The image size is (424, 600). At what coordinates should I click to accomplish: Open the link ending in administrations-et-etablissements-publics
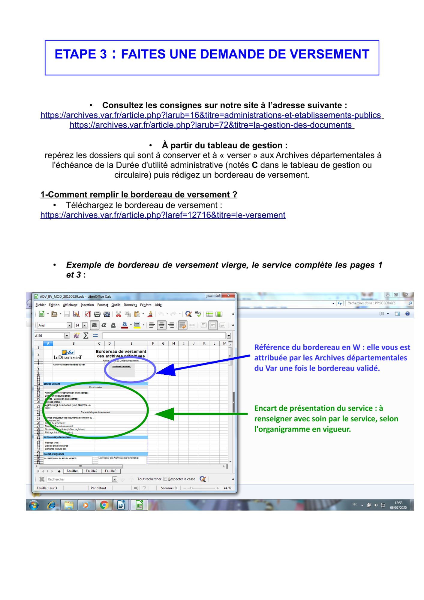tap(212, 115)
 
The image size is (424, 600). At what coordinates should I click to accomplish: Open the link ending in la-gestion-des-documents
tap(212, 125)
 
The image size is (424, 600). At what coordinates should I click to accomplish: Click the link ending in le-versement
tap(163, 215)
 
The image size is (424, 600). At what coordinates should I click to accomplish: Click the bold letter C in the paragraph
tap(254, 165)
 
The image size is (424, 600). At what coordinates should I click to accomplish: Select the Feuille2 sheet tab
tap(92, 471)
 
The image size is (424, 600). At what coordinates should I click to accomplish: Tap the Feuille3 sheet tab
tap(110, 471)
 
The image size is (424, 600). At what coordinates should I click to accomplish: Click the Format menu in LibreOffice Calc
tap(103, 305)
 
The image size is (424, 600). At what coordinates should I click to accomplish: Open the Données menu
tap(130, 305)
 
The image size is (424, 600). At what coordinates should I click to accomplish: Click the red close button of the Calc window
tap(229, 295)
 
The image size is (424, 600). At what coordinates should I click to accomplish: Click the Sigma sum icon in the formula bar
tap(86, 336)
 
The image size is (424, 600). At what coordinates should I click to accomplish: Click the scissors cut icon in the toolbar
tap(119, 314)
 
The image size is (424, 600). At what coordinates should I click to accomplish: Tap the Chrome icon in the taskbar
tap(104, 505)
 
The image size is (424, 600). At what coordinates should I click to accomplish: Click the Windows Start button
tap(33, 505)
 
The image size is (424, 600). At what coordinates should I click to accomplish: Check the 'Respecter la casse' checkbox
tap(165, 479)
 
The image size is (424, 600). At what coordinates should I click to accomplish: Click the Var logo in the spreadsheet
tap(68, 352)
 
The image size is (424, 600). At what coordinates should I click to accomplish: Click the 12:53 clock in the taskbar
tap(398, 505)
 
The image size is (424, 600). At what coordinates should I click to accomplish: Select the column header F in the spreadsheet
tap(153, 343)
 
